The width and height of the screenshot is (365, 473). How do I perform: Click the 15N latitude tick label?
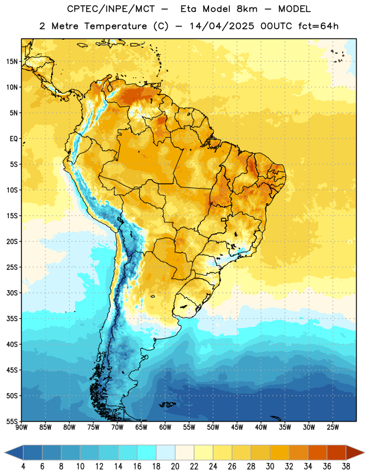coord(12,61)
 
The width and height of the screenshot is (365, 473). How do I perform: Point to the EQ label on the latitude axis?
coord(14,139)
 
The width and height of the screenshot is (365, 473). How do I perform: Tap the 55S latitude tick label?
coord(12,422)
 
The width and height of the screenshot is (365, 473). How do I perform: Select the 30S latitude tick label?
coord(12,293)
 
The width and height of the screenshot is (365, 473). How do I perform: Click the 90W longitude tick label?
coord(21,427)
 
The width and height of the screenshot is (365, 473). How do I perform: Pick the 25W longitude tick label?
coord(333,427)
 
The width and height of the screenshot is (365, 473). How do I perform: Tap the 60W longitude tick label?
coord(165,427)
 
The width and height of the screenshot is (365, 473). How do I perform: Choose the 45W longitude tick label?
coord(237,427)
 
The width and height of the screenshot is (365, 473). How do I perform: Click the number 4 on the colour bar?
coord(23,466)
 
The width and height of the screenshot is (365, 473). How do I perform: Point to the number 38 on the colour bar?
coord(346,466)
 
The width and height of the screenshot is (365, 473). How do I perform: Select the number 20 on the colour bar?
coord(175,466)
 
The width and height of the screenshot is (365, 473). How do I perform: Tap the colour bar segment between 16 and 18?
coord(146,452)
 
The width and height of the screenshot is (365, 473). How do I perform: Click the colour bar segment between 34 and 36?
coord(317,452)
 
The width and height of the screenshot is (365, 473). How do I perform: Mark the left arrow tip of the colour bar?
coord(5,452)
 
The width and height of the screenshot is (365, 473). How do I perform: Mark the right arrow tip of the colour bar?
coord(364,452)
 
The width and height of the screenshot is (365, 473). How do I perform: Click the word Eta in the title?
coord(188,9)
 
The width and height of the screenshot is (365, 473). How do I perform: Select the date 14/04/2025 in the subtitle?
coord(222,26)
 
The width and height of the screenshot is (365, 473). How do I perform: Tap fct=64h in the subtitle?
coord(318,26)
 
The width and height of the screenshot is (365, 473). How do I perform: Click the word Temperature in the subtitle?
coord(115,26)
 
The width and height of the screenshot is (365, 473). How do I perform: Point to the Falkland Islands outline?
coord(167,404)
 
